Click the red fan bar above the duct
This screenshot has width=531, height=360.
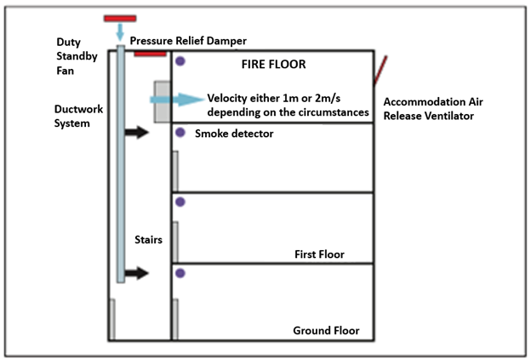point(120,18)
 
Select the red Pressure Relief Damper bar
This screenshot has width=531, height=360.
point(151,53)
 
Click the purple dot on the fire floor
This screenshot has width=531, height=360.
point(180,61)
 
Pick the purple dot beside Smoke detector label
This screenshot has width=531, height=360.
point(180,133)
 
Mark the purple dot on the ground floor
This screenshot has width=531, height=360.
point(180,274)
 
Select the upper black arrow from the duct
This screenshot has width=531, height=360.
point(137,133)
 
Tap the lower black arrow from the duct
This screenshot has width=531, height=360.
point(137,273)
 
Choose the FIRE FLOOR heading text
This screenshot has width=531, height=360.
point(273,64)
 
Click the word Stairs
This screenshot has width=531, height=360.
point(148,239)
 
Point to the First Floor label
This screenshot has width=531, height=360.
point(318,254)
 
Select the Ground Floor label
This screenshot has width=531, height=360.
point(326,330)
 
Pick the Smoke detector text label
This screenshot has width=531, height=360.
point(234,134)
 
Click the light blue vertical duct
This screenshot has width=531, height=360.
point(121,170)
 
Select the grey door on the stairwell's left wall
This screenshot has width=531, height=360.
point(111,318)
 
